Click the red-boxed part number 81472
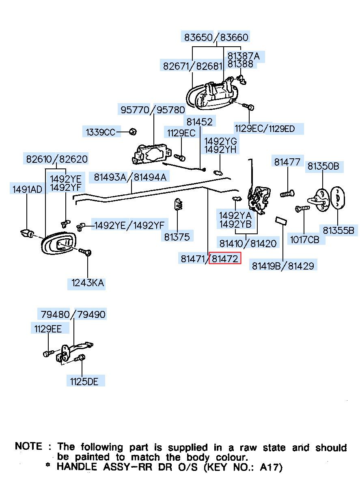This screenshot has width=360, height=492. pyautogui.click(x=225, y=259)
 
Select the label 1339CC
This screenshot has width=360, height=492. pyautogui.click(x=100, y=132)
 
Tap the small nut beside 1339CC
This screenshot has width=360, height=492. pyautogui.click(x=133, y=132)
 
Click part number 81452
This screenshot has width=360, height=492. pyautogui.click(x=199, y=122)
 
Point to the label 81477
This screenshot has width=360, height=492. pyautogui.click(x=287, y=162)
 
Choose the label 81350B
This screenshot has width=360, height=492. pyautogui.click(x=323, y=166)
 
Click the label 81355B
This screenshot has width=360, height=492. pyautogui.click(x=338, y=230)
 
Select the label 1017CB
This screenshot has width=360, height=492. pyautogui.click(x=305, y=240)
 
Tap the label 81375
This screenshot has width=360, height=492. pyautogui.click(x=177, y=237)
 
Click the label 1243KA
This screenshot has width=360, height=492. pyautogui.click(x=87, y=283)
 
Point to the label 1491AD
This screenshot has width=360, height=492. pyautogui.click(x=27, y=189)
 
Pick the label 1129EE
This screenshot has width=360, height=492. pyautogui.click(x=48, y=329)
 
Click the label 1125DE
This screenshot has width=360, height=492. pyautogui.click(x=84, y=382)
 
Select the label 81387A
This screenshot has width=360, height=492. pyautogui.click(x=244, y=56)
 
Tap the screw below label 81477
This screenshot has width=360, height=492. pyautogui.click(x=287, y=193)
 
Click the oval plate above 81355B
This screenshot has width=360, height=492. pyautogui.click(x=337, y=197)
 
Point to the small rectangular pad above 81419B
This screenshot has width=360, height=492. pyautogui.click(x=281, y=220)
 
